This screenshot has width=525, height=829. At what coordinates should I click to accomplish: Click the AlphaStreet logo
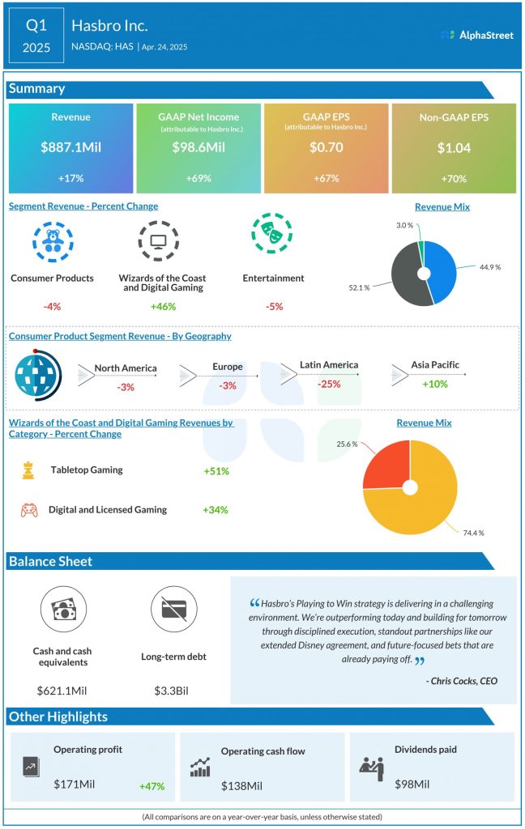pyautogui.click(x=477, y=35)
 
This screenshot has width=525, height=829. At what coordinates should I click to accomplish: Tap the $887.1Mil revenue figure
pyautogui.click(x=70, y=147)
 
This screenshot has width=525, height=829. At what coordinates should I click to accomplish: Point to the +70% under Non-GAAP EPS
pyautogui.click(x=454, y=179)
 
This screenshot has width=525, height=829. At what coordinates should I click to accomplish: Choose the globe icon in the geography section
pyautogui.click(x=35, y=373)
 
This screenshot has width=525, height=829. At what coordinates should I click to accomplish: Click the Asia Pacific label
pyautogui.click(x=434, y=365)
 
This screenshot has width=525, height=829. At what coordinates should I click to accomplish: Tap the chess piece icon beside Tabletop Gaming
pyautogui.click(x=28, y=470)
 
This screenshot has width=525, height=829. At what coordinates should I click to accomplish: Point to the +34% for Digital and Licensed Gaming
pyautogui.click(x=216, y=510)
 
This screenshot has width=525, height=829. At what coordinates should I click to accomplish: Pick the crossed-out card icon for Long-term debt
pyautogui.click(x=173, y=608)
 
